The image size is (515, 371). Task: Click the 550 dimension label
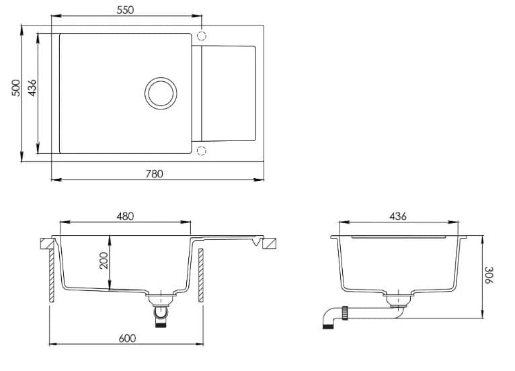pos(125,9)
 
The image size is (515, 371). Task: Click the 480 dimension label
pos(126,216)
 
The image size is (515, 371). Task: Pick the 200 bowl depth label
pos(104,261)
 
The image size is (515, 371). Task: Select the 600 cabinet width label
pos(126,338)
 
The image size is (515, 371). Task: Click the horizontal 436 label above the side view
pos(397,216)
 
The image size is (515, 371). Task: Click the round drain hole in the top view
pos(161,92)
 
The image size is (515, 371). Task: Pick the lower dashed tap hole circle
pos(202,150)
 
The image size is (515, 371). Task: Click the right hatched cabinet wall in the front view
pos(200,276)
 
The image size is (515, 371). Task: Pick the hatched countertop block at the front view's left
pos(46,243)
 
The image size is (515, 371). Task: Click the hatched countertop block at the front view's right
pos(270,243)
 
